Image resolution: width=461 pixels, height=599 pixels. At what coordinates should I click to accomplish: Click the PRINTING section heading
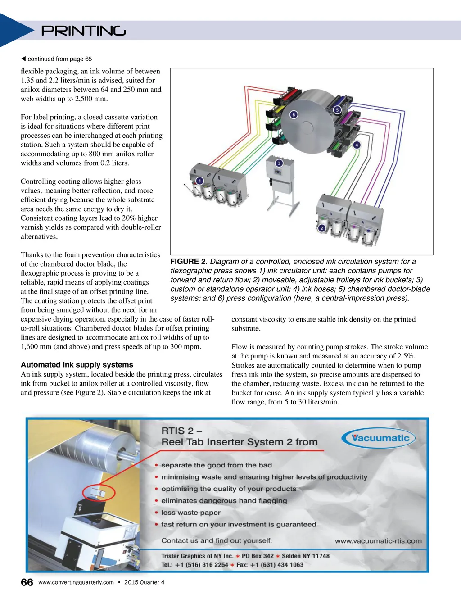[83, 31]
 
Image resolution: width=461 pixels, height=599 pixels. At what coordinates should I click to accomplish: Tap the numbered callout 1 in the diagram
[199, 181]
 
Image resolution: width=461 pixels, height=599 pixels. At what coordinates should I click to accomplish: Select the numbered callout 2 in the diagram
[321, 228]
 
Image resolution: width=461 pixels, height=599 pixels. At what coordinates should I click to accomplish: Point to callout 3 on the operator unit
[279, 163]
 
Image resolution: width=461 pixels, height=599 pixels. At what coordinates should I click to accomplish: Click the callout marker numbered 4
[357, 145]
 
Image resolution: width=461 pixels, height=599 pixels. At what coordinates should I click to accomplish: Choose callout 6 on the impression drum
[294, 115]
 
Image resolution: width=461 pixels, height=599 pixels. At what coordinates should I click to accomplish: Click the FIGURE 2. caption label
[189, 262]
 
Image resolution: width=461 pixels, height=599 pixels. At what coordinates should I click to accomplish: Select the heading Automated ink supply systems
[77, 365]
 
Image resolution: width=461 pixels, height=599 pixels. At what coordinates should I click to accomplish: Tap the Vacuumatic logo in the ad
[378, 438]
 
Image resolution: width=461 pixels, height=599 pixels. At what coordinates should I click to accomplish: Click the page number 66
[27, 582]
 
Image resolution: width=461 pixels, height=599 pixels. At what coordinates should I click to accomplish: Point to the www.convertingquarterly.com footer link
[76, 582]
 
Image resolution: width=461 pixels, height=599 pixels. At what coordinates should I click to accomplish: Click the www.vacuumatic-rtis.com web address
[378, 541]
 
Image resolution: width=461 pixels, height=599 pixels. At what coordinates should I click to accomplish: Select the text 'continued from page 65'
[59, 59]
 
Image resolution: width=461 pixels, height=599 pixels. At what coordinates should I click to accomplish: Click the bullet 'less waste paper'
[191, 513]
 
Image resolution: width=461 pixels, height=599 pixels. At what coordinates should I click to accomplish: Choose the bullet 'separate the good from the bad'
[216, 465]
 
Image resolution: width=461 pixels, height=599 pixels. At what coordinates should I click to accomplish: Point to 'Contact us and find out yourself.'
[217, 540]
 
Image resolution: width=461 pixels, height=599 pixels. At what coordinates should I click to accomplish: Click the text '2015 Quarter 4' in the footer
[144, 582]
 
